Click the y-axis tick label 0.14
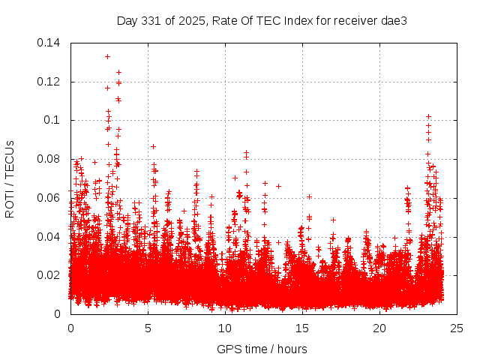(52, 43)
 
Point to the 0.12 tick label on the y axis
(52, 82)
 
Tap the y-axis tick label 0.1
(55, 120)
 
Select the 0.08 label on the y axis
(52, 159)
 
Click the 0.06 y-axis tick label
(52, 198)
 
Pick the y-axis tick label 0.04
(52, 237)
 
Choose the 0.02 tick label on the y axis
(52, 275)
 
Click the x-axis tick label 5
(148, 328)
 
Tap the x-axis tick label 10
(225, 328)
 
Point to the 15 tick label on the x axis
(302, 328)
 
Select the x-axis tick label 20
(379, 328)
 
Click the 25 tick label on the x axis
(457, 328)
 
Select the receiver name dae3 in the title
(394, 20)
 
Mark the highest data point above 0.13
(107, 56)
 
